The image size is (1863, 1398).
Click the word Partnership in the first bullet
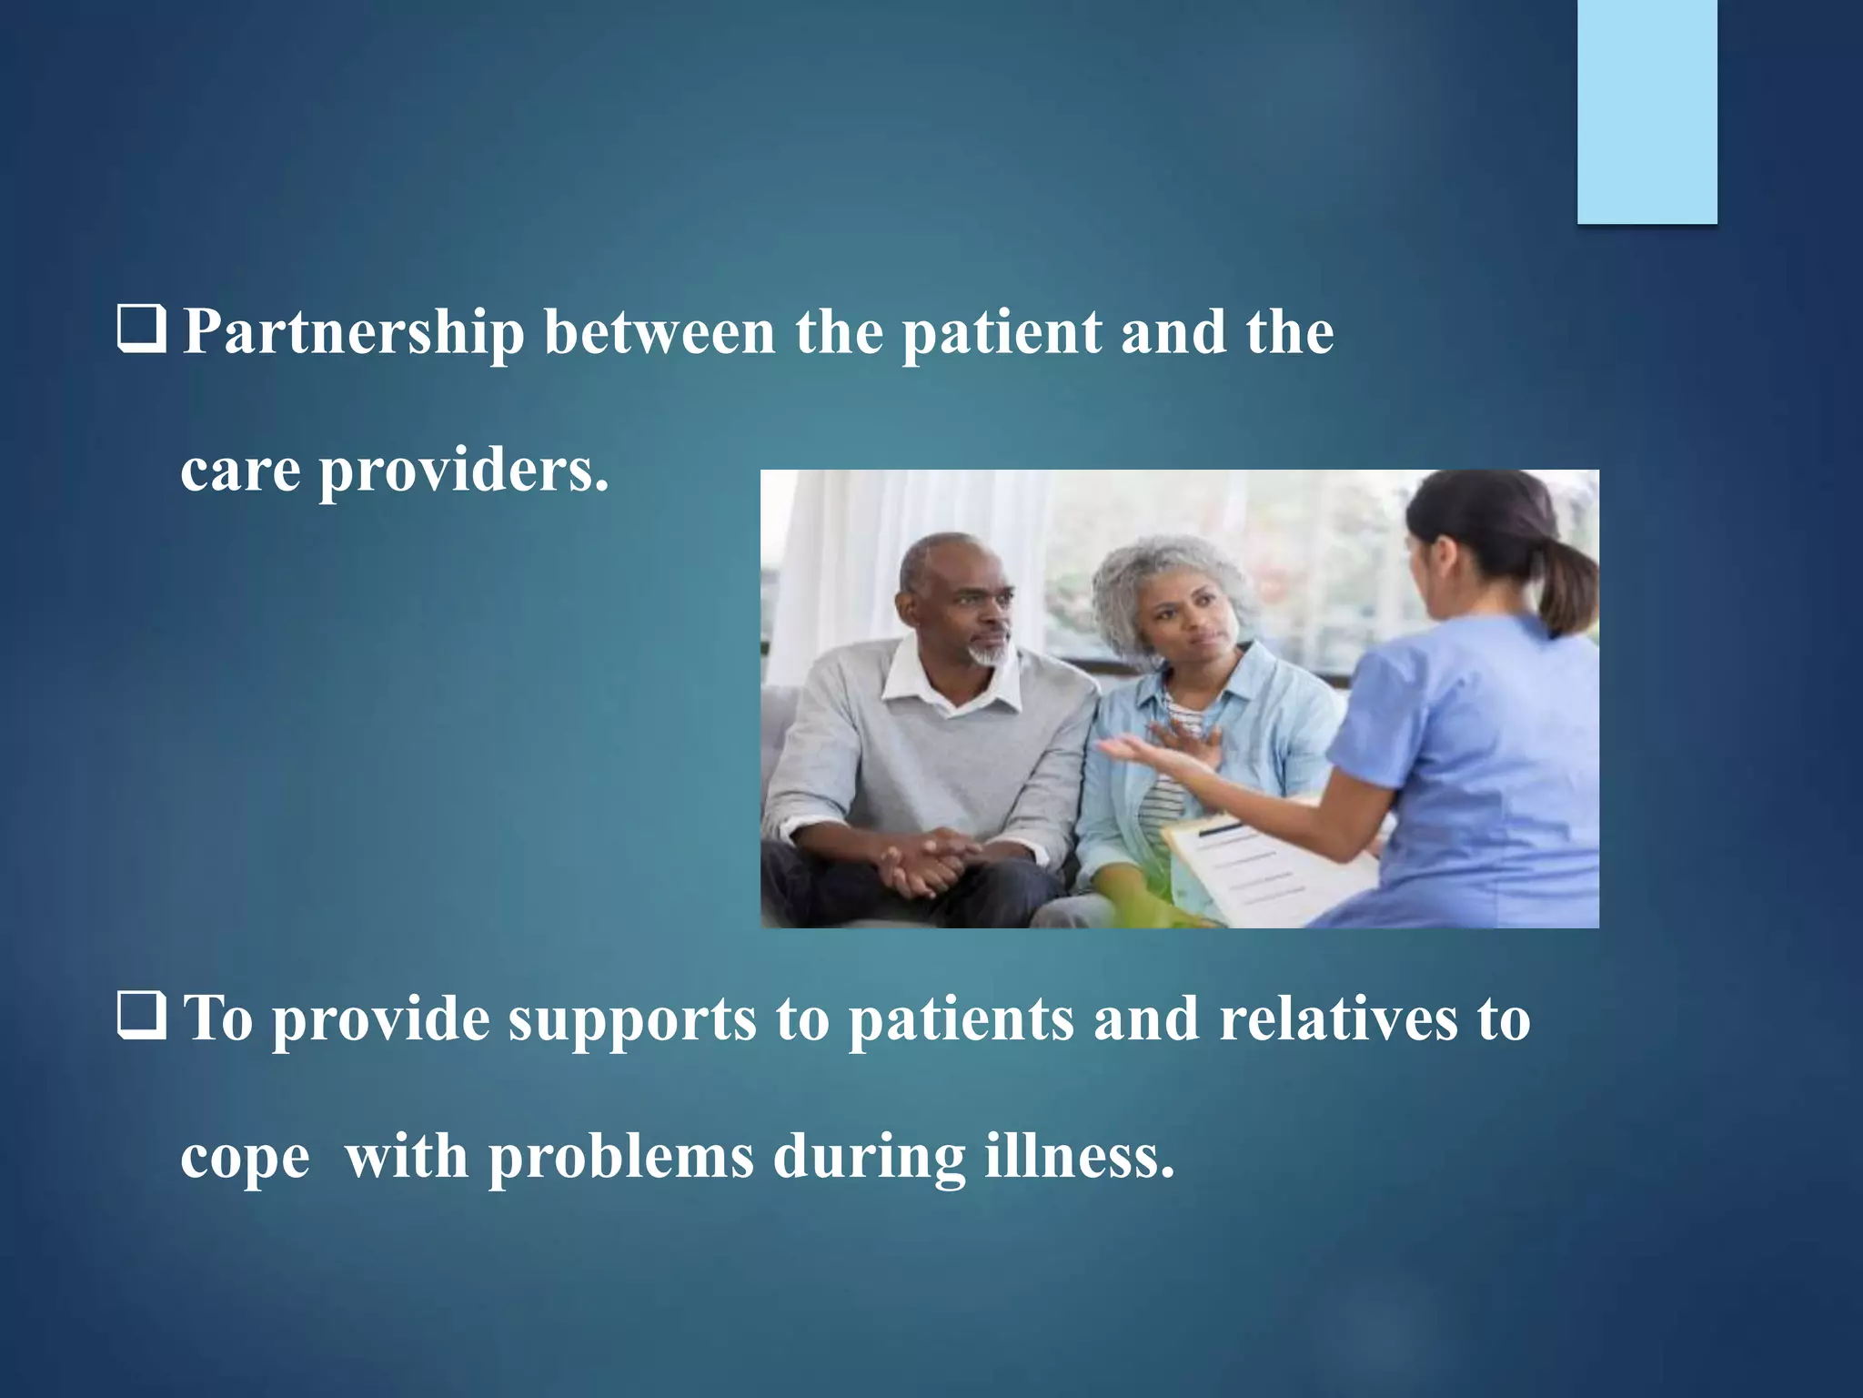click(353, 334)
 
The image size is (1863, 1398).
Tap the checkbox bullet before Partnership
click(142, 332)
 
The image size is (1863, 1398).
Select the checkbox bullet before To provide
click(142, 1018)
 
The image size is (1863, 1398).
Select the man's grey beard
click(988, 651)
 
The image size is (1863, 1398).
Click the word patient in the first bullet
click(1001, 334)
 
